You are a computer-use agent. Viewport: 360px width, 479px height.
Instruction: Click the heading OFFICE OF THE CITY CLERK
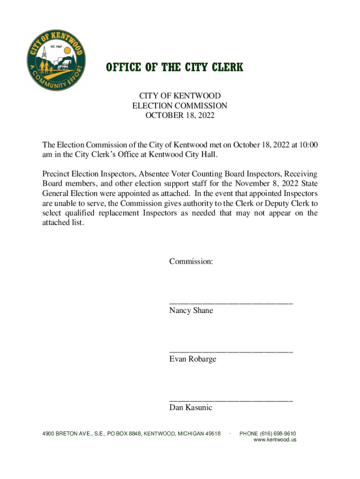point(174,68)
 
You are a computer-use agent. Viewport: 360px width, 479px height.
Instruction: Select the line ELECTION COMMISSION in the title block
point(180,106)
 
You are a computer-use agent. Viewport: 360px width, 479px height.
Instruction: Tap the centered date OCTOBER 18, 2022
point(180,116)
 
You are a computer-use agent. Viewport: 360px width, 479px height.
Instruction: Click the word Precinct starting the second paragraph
point(57,174)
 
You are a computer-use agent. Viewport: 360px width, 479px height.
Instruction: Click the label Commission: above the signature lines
point(191,261)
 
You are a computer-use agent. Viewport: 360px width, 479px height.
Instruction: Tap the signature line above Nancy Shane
point(231,303)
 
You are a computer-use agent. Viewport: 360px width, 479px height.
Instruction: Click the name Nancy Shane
point(191,311)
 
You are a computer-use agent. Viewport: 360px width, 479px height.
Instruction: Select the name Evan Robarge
point(193,359)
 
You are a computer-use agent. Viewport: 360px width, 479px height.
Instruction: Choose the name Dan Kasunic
point(191,408)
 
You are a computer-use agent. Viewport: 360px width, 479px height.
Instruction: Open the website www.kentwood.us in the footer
point(275,440)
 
